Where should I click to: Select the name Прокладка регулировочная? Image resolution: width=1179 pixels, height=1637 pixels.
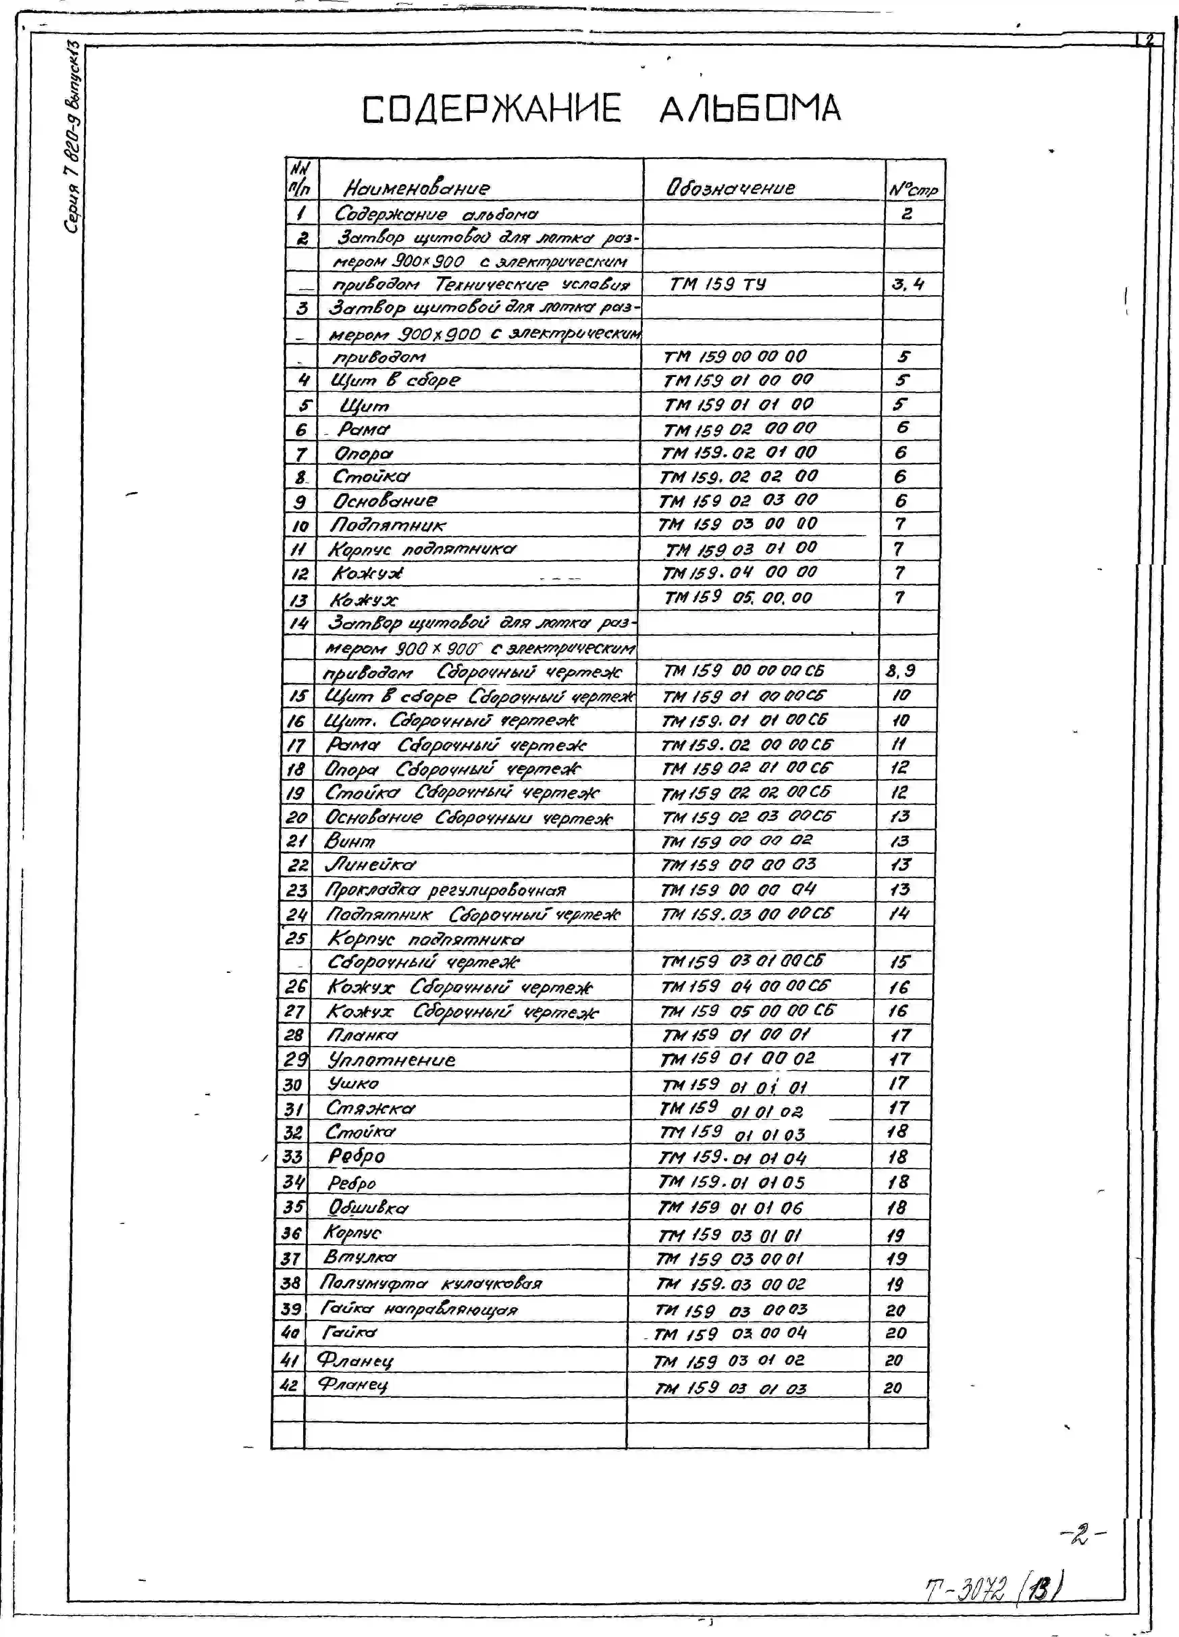[x=445, y=890]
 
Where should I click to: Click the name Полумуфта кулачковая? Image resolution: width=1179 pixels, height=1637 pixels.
[x=430, y=1283]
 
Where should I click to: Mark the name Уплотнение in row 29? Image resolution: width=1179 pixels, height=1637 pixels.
[x=391, y=1060]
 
